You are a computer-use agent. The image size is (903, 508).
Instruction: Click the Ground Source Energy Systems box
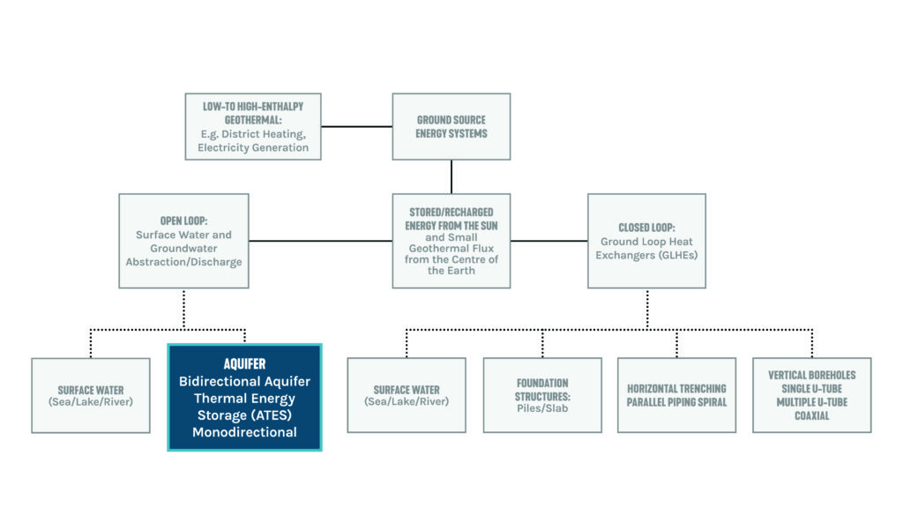click(x=451, y=126)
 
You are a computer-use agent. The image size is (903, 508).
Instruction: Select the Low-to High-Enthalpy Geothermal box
click(x=253, y=126)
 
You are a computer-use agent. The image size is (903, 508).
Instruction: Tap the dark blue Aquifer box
click(x=244, y=397)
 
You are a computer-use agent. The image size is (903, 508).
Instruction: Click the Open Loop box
click(x=183, y=240)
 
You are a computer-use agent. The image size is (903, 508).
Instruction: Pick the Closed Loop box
click(x=646, y=240)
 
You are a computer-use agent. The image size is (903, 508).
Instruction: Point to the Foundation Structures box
click(x=542, y=394)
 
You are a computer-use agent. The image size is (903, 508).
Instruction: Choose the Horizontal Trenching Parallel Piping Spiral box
click(x=676, y=394)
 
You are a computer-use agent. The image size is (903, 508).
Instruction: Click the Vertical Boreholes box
click(x=811, y=394)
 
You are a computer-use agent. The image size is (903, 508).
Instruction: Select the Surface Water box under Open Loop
click(x=91, y=394)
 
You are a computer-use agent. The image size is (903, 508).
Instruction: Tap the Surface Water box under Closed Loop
click(x=407, y=394)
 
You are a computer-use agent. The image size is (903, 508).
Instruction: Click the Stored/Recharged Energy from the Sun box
click(x=451, y=240)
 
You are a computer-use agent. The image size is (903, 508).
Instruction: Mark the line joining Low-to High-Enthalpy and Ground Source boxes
click(x=356, y=126)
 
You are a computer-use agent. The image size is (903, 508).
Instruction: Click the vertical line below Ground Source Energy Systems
click(x=451, y=176)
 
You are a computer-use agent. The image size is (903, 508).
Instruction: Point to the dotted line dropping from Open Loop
click(x=183, y=309)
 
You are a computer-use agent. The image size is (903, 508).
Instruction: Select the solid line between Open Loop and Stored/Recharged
click(x=320, y=240)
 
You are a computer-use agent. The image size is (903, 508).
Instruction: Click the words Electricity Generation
click(x=253, y=147)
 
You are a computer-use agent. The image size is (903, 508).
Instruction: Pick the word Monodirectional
click(x=244, y=432)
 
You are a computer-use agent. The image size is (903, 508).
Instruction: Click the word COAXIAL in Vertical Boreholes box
click(x=811, y=415)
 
